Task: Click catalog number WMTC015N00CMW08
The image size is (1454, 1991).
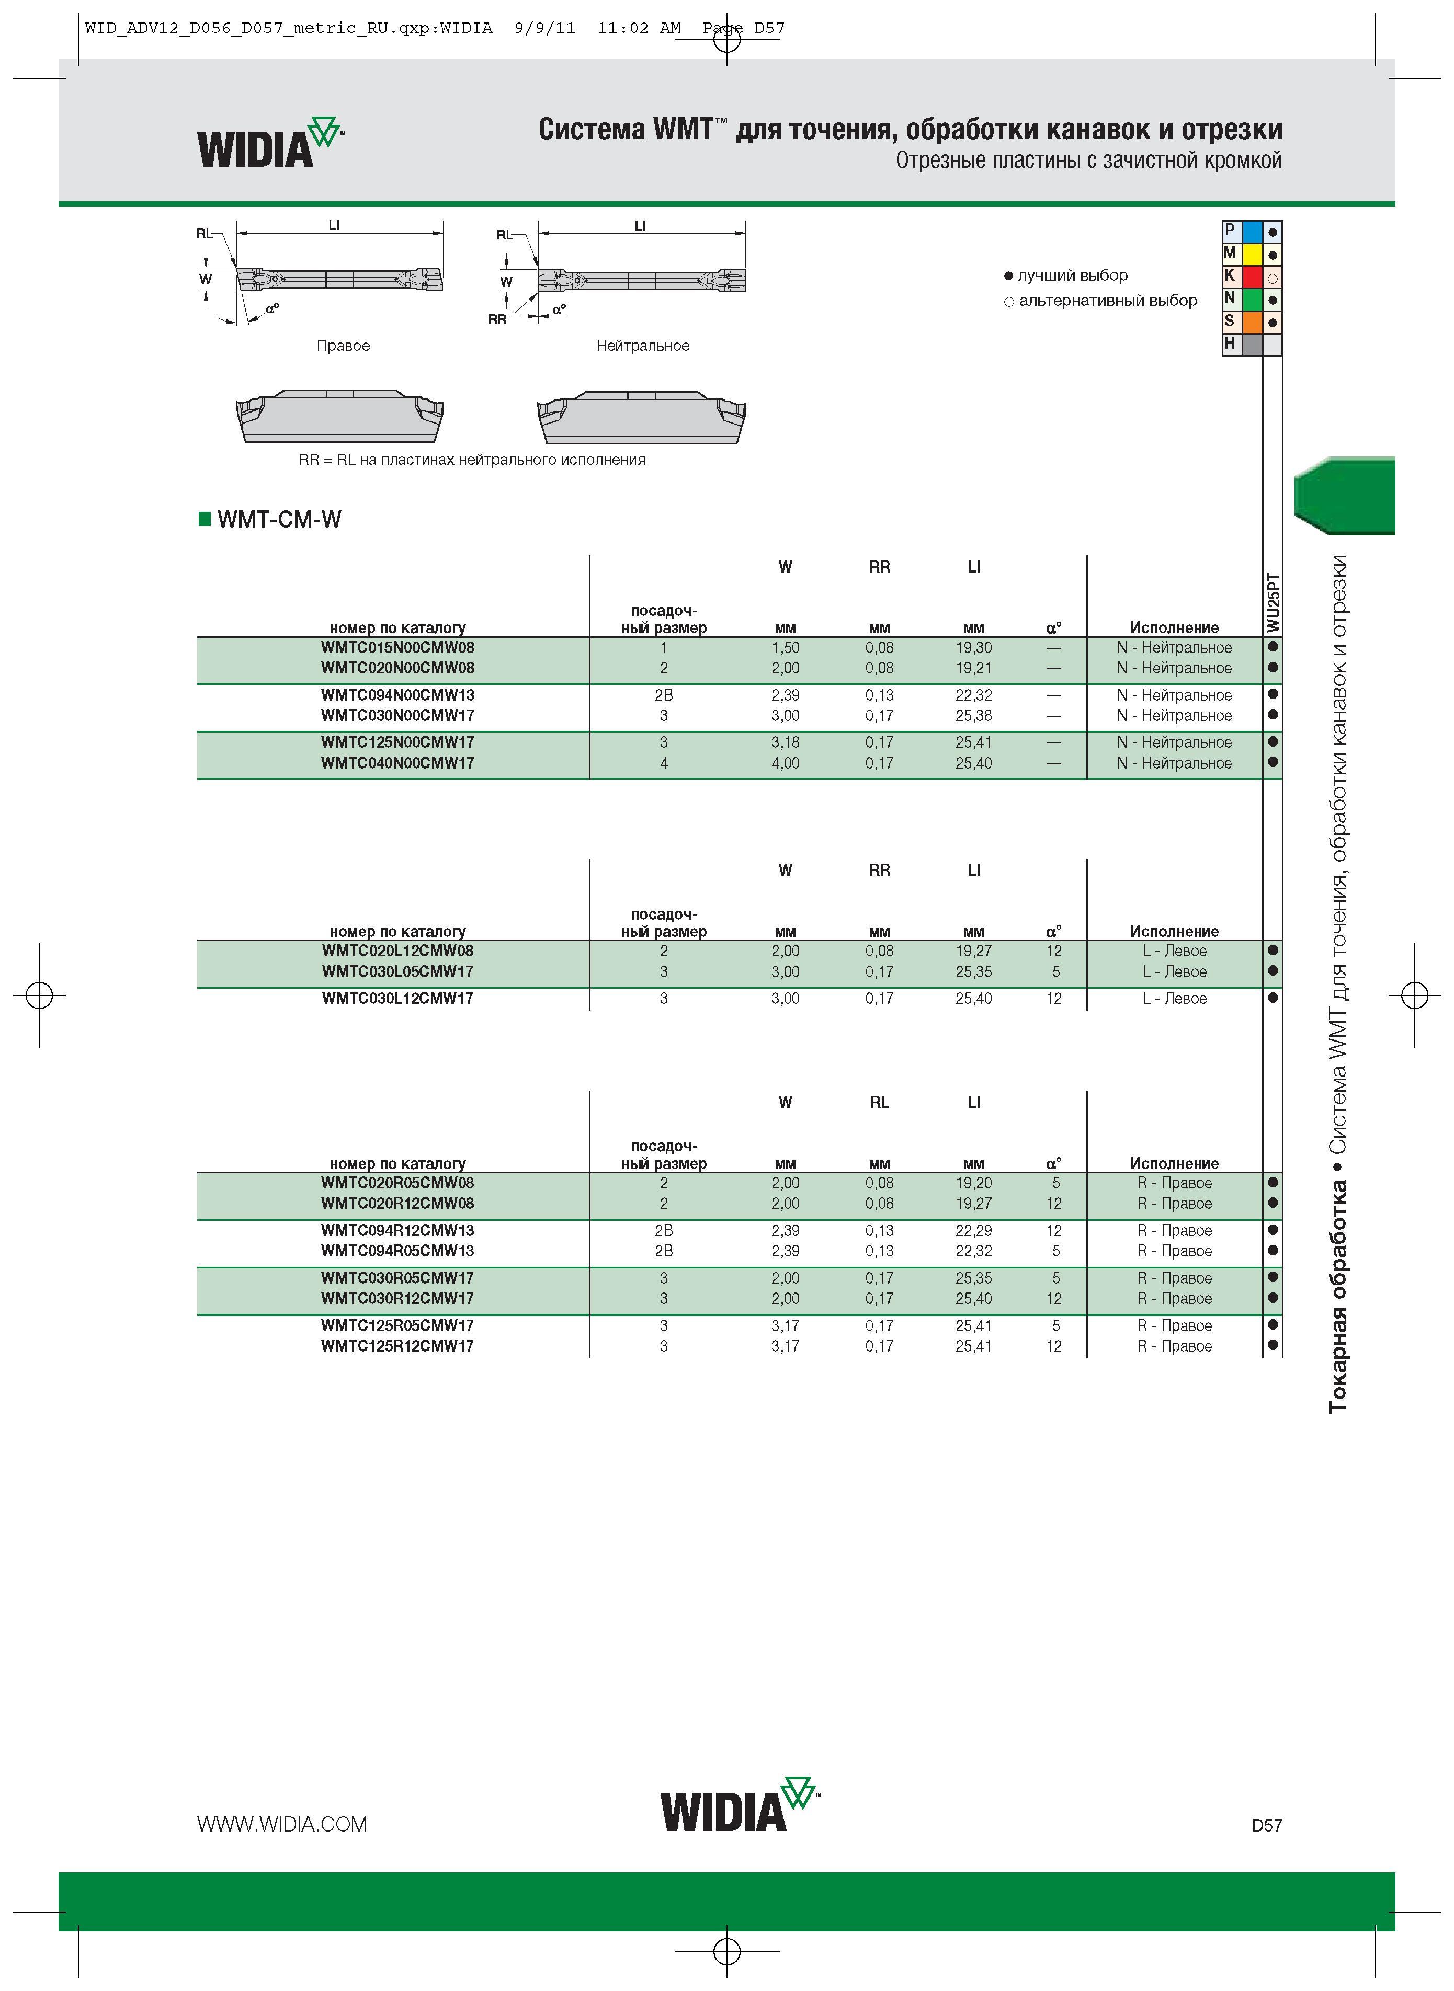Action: pos(398,647)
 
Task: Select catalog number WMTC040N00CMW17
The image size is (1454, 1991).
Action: pos(398,763)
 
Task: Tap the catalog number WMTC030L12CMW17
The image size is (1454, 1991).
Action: pos(398,999)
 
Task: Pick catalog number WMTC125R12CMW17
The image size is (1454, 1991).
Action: pos(398,1346)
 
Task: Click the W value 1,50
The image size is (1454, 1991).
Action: pos(785,647)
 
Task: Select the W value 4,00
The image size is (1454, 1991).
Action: pos(785,763)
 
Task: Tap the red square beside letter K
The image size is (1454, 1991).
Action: pos(1252,276)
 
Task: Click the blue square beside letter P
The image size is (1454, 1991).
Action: pos(1252,232)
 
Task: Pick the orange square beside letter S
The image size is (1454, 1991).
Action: pos(1252,322)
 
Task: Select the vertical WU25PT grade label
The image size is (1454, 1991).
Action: pos(1273,603)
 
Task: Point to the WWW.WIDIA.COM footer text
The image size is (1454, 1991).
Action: pos(281,1824)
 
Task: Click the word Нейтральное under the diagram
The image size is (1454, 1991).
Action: pos(642,346)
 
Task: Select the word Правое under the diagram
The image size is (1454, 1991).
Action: pos(343,346)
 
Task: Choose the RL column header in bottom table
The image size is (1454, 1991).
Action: pos(879,1102)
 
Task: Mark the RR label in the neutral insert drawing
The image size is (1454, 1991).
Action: pos(497,319)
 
